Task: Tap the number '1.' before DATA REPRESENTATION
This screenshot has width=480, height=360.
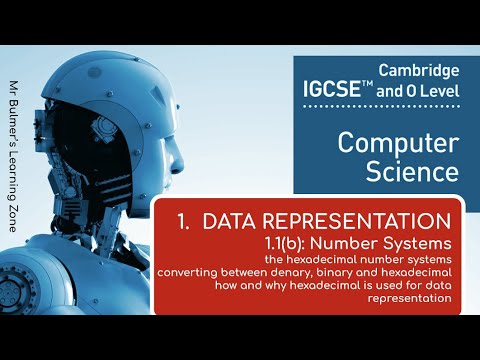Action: click(x=183, y=219)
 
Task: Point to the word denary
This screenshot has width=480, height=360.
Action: click(x=295, y=269)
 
